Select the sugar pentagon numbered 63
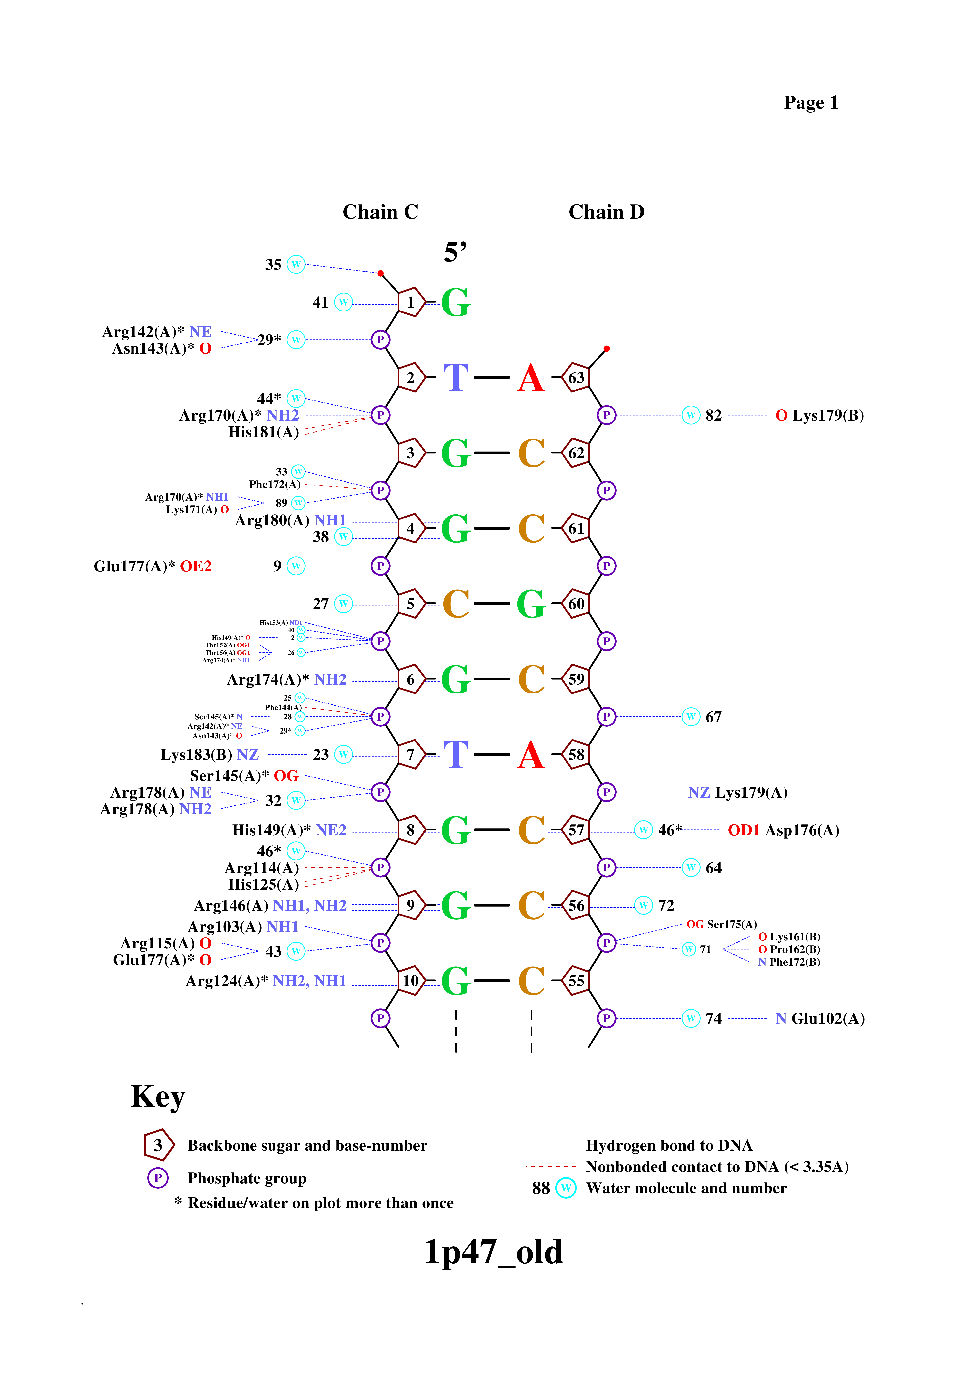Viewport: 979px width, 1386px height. pyautogui.click(x=576, y=377)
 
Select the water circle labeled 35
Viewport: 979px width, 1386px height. pyautogui.click(x=296, y=264)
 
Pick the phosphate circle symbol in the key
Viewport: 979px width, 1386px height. pyautogui.click(x=158, y=1178)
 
